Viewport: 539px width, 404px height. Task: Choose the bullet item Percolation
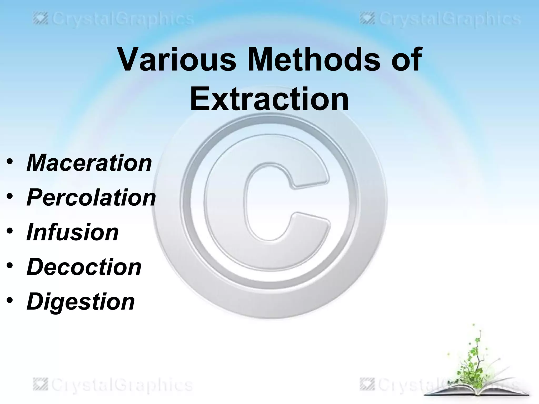point(91,198)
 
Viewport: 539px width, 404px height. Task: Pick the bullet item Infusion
point(73,232)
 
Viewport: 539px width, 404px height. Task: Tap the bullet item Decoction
point(84,267)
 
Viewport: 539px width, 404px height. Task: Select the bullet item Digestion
point(81,302)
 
